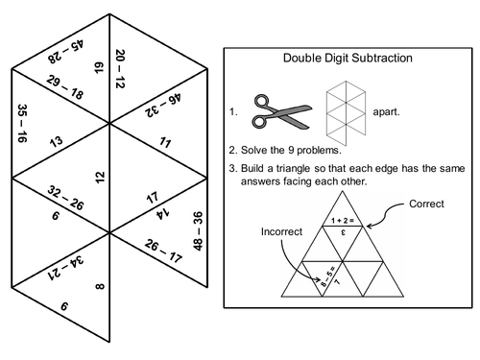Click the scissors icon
[x=276, y=110]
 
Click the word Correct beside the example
[x=427, y=204]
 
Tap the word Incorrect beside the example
[x=278, y=231]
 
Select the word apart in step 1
[x=382, y=111]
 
